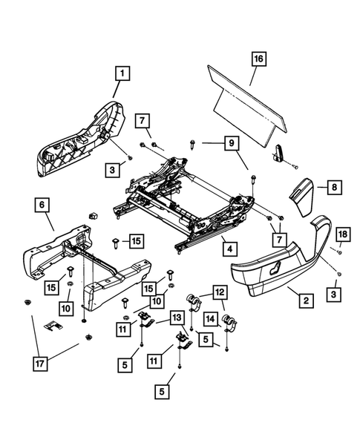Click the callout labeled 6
pos(41,203)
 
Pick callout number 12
pos(221,294)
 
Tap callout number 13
pos(176,318)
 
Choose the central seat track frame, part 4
pos(193,200)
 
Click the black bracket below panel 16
pos(281,153)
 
